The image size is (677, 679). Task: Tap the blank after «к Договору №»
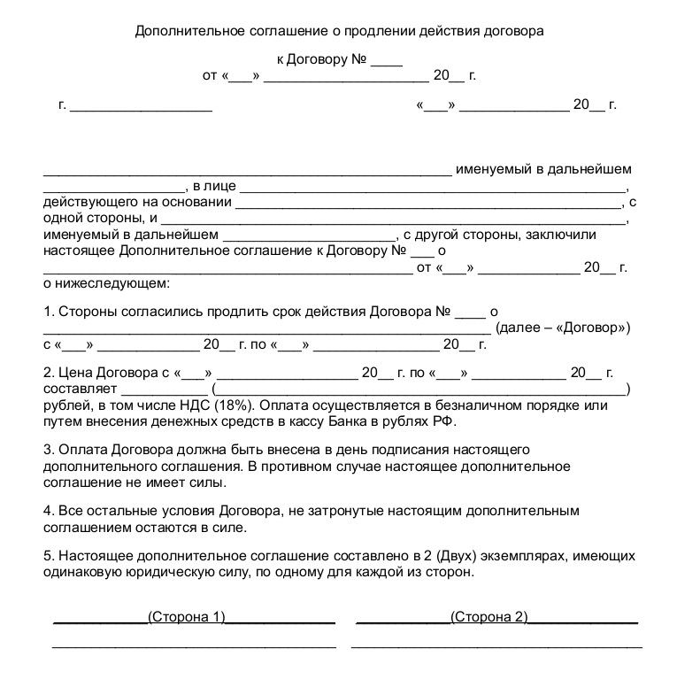click(386, 61)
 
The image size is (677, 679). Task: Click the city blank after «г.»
click(141, 105)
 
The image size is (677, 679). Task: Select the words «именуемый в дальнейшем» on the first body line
click(543, 169)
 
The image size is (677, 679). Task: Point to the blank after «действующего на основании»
click(430, 202)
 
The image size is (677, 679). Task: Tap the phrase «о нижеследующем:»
click(104, 284)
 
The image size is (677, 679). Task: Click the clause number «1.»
click(49, 312)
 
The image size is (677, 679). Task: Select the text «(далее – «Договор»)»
click(564, 328)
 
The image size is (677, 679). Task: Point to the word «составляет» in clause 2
click(80, 389)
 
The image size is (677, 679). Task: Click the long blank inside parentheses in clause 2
click(419, 389)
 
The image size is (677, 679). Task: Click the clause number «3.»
click(49, 450)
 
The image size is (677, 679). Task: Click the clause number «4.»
click(49, 511)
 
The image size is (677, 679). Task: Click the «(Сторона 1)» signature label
click(187, 616)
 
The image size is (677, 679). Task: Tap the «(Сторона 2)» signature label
click(489, 616)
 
